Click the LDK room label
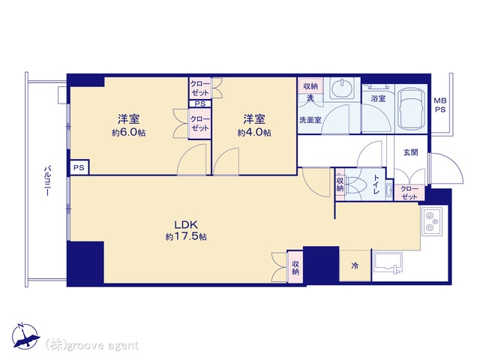186,225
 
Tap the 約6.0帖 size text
129,133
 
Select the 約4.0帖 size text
254,133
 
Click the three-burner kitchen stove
432,221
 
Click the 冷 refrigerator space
355,265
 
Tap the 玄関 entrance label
410,152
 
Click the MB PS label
440,105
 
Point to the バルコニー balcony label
47,181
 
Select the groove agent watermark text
92,346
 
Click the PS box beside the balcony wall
79,168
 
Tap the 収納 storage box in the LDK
295,267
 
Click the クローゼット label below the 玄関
409,193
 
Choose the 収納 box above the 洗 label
310,86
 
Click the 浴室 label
378,98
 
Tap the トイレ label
376,184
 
